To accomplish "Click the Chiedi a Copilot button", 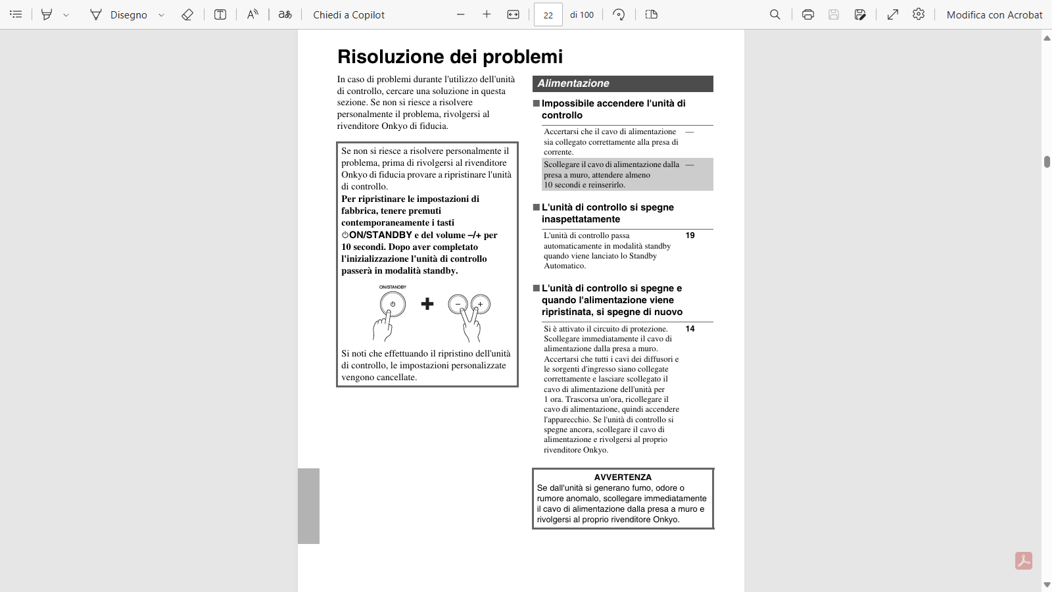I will (348, 14).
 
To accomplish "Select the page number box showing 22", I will (548, 14).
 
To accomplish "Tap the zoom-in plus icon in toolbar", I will (487, 14).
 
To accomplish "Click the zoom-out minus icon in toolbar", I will (460, 14).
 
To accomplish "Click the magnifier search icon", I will (775, 14).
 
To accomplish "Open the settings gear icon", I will (919, 14).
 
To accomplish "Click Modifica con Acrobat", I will (994, 14).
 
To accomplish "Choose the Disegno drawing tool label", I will (128, 14).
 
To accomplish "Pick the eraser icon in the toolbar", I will (187, 14).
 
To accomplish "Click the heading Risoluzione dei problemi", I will (450, 57).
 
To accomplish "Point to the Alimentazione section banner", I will (622, 84).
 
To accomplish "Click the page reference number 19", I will (690, 235).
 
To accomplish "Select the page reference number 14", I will (690, 329).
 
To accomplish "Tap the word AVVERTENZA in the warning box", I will (623, 478).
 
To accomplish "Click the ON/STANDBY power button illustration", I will (393, 304).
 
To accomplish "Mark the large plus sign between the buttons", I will (427, 304).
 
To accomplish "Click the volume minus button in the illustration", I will (458, 304).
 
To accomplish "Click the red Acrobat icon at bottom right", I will (1024, 560).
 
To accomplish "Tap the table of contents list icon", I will (16, 14).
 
